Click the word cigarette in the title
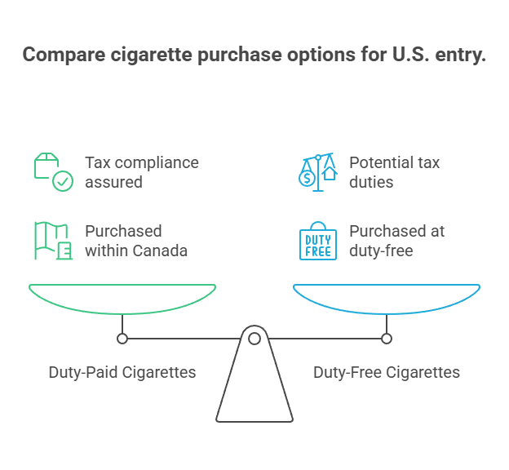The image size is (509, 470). [x=143, y=55]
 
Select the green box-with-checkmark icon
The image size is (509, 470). [x=53, y=171]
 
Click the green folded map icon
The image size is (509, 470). [x=53, y=241]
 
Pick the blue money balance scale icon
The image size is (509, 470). [x=317, y=171]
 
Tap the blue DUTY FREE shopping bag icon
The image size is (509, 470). [x=317, y=241]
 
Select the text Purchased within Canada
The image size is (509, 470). [x=136, y=241]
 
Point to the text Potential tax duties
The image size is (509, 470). [x=395, y=172]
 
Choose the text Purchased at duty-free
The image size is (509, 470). [x=397, y=241]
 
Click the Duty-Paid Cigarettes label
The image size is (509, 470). [x=122, y=372]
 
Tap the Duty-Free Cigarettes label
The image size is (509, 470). [x=387, y=372]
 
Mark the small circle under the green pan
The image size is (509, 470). [x=122, y=338]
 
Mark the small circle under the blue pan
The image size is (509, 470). [x=387, y=338]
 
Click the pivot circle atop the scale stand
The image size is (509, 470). [x=254, y=338]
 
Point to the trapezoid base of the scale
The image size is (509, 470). [x=254, y=392]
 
